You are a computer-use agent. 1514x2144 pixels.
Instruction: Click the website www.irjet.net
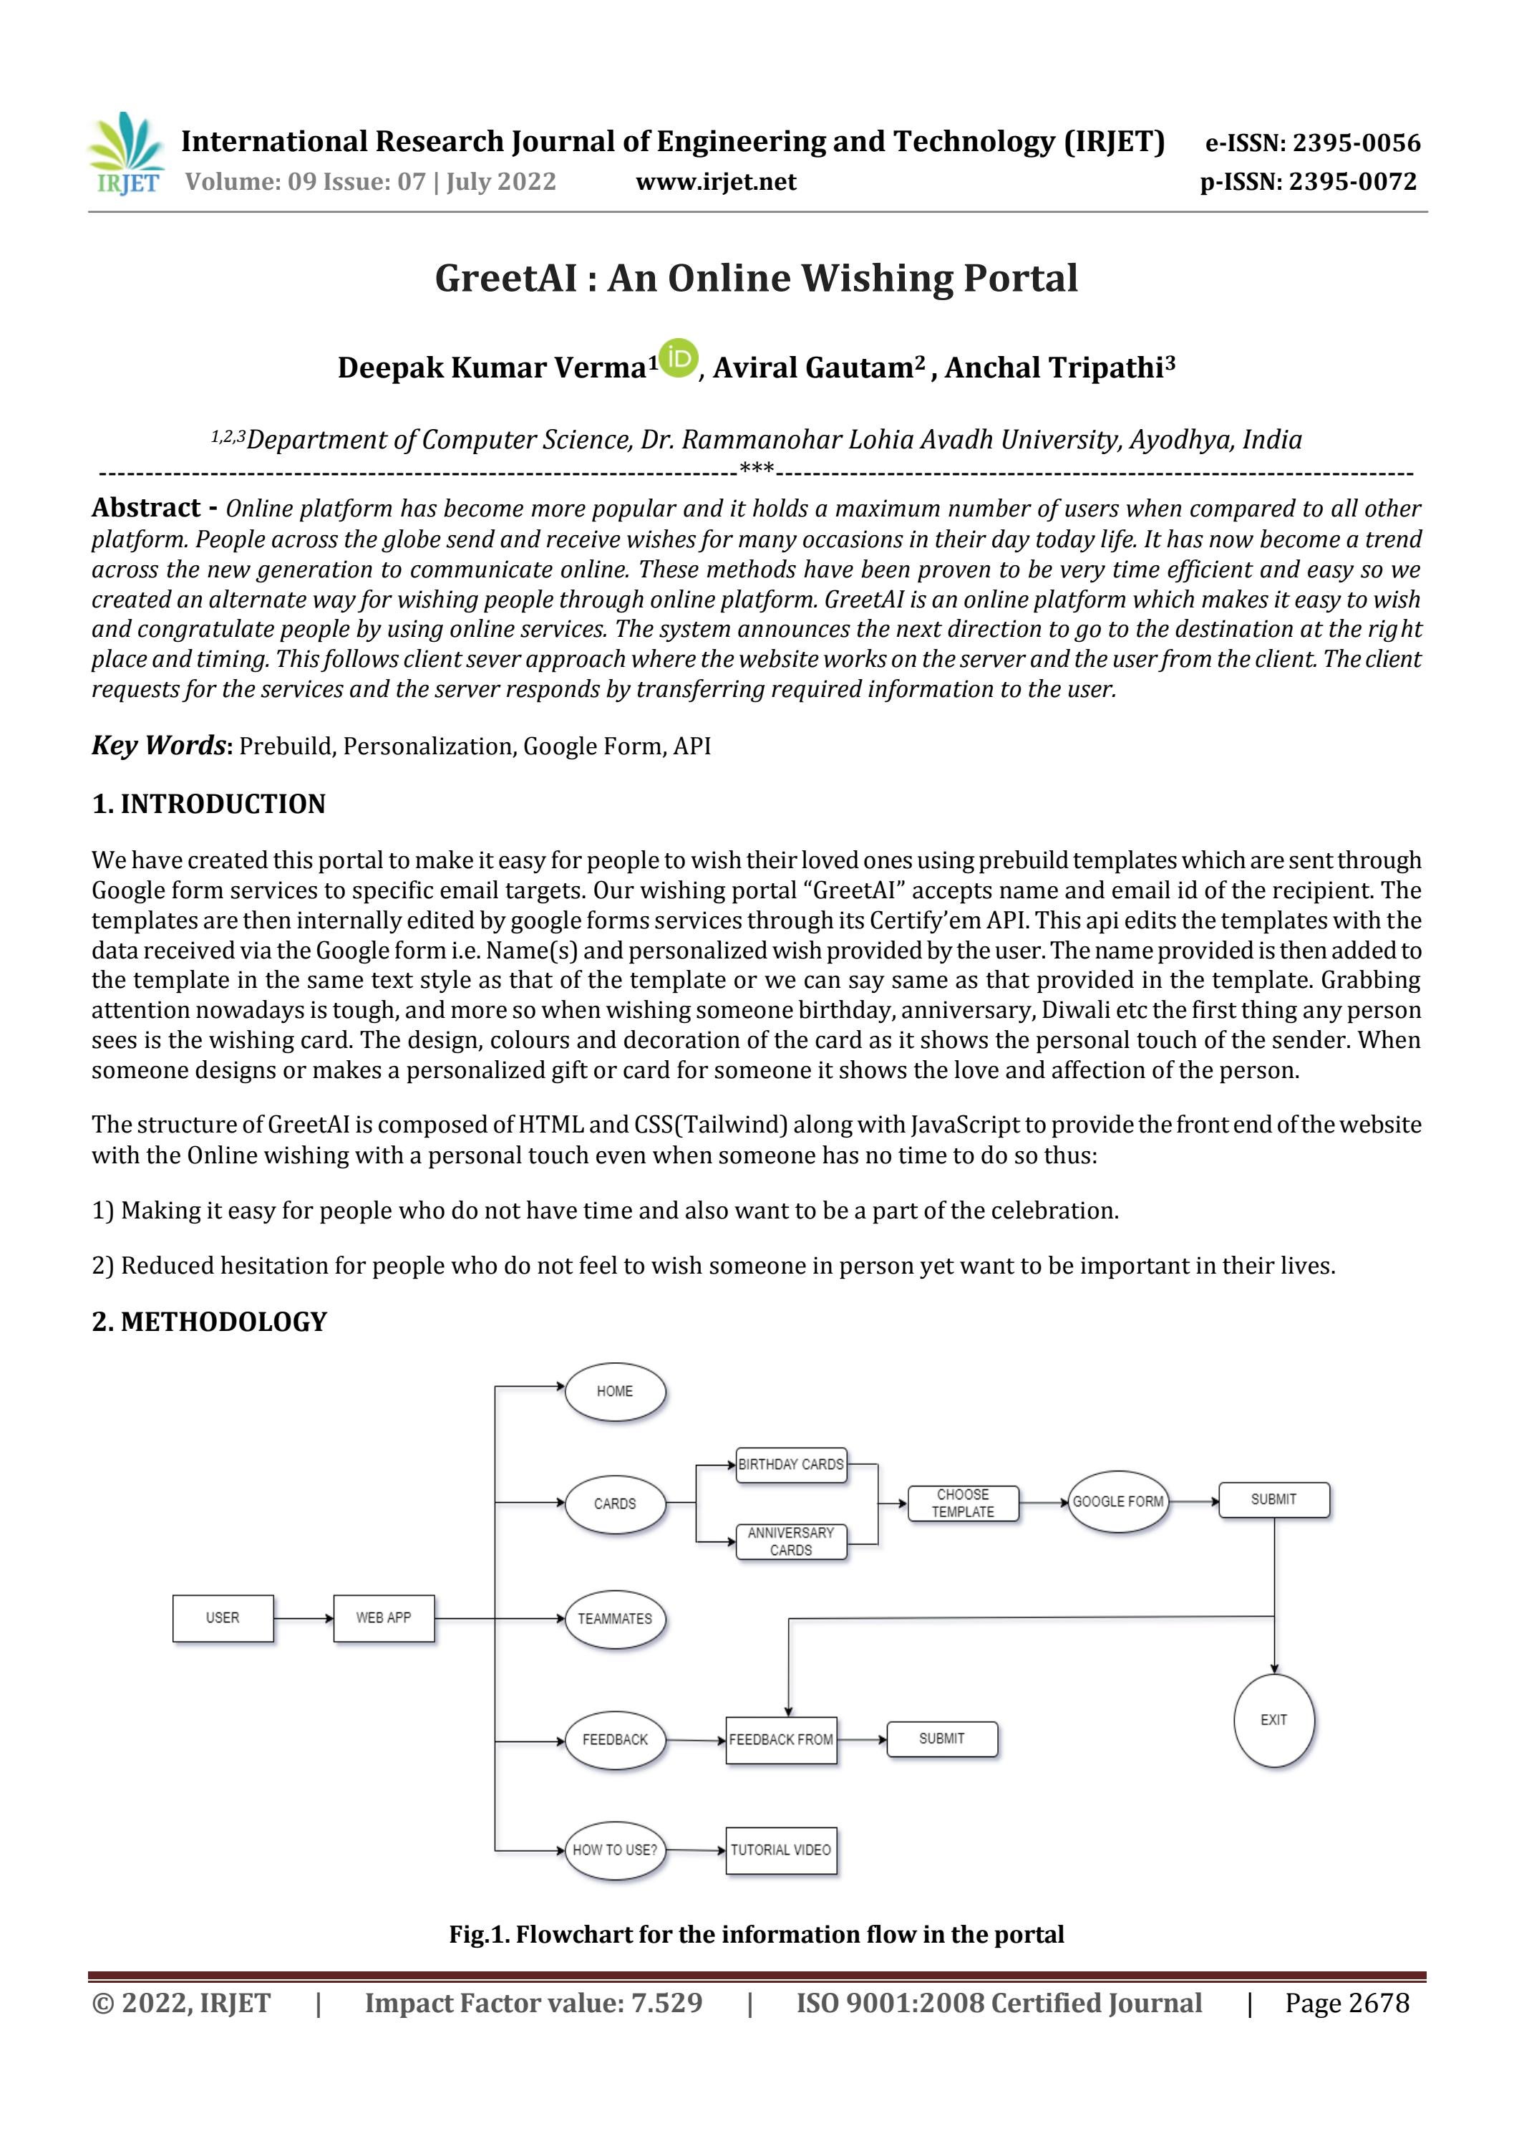coord(716,181)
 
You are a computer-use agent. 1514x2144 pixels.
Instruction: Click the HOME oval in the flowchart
coord(615,1391)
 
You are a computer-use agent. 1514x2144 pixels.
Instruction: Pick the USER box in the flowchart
coord(223,1618)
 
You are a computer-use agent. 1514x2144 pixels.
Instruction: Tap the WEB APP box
coord(384,1618)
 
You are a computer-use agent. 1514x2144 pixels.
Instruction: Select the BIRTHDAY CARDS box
coord(790,1464)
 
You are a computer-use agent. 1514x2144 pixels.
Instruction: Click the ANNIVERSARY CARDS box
coord(790,1541)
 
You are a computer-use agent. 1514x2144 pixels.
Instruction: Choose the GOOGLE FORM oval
coord(1117,1501)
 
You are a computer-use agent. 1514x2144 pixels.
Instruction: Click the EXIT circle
coord(1273,1720)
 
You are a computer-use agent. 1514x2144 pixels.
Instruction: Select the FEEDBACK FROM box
coord(781,1740)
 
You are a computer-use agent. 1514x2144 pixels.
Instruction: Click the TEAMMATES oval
coord(615,1618)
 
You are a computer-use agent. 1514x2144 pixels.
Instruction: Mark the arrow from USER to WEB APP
coord(304,1618)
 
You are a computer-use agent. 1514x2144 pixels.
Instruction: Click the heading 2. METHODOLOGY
coord(209,1322)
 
